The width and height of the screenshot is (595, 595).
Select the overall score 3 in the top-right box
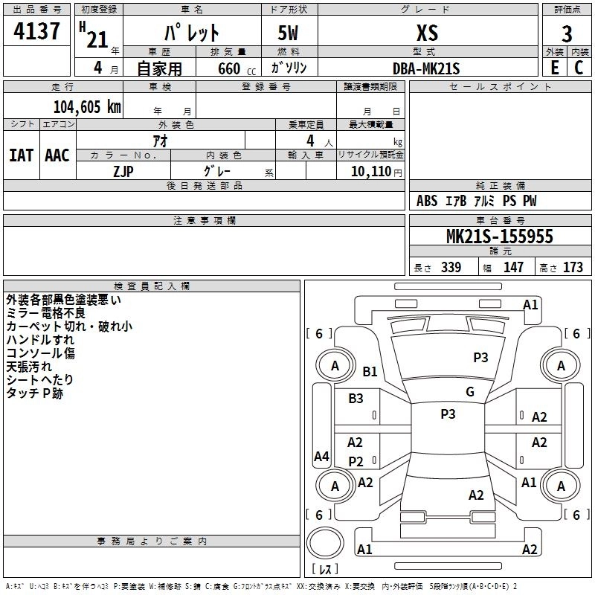[x=567, y=33]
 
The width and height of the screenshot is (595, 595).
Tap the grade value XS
[x=427, y=33]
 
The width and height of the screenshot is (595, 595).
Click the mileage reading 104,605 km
[x=87, y=106]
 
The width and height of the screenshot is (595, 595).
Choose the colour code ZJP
[x=123, y=170]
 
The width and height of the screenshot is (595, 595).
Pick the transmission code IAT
[x=21, y=155]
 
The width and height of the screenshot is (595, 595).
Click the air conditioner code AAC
[x=57, y=155]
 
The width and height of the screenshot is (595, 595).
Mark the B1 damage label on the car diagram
[x=370, y=371]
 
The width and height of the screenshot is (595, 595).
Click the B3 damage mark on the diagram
[x=356, y=398]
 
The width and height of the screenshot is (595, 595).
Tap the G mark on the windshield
[x=469, y=391]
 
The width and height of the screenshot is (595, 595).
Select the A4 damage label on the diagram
[x=321, y=457]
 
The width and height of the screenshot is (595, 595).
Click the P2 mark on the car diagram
[x=356, y=462]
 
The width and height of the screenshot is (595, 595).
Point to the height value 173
[x=573, y=267]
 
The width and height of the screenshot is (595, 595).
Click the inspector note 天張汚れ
[x=29, y=367]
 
